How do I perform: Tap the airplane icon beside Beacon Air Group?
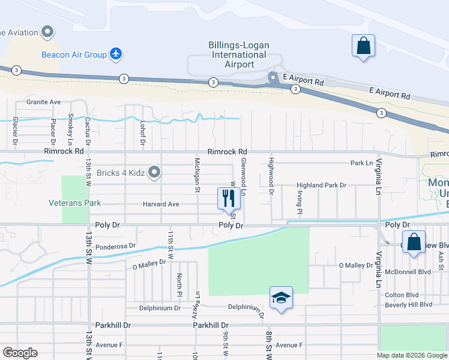pyautogui.click(x=116, y=55)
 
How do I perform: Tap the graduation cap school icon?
pyautogui.click(x=280, y=298)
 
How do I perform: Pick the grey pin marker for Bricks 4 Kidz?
pyautogui.click(x=154, y=173)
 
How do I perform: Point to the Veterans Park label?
pyautogui.click(x=75, y=203)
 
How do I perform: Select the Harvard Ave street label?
pyautogui.click(x=161, y=204)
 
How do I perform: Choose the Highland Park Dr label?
pyautogui.click(x=322, y=186)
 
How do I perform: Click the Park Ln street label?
pyautogui.click(x=362, y=163)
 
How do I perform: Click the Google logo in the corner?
pyautogui.click(x=20, y=353)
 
